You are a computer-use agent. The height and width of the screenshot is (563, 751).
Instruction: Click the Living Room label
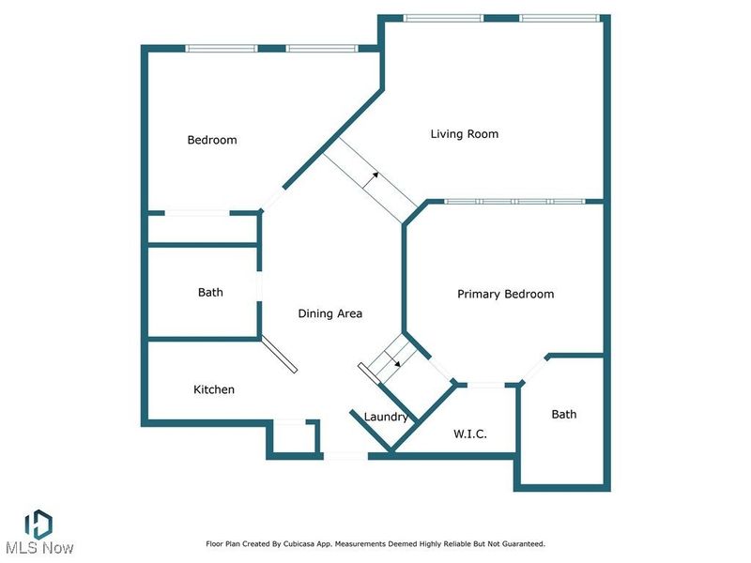click(x=464, y=134)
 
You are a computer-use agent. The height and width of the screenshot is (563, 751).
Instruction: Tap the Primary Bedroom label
click(x=505, y=294)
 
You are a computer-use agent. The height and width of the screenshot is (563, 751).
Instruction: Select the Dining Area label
click(x=330, y=313)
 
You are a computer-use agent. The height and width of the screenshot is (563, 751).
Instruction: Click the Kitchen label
click(x=214, y=389)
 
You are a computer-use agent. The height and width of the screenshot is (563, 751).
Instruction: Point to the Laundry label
click(x=386, y=417)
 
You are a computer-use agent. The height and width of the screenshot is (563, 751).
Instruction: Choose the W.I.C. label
click(x=468, y=434)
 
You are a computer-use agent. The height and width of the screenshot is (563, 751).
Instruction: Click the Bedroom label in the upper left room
click(x=212, y=140)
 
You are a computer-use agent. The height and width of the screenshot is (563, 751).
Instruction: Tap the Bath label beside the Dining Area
click(x=210, y=292)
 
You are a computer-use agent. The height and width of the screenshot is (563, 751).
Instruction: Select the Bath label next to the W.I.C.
click(x=564, y=414)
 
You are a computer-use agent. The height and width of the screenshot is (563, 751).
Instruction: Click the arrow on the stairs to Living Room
click(x=374, y=175)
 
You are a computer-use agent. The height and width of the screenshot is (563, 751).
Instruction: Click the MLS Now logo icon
click(x=38, y=524)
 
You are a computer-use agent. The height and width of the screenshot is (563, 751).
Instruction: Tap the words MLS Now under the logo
click(x=38, y=547)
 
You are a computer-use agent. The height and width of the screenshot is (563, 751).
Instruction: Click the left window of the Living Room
click(x=442, y=17)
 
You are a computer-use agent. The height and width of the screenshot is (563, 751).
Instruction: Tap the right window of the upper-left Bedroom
click(x=321, y=48)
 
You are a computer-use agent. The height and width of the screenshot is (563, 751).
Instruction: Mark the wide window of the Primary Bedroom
click(x=513, y=201)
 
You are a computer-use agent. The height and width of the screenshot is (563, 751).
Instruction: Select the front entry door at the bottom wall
click(x=345, y=456)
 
